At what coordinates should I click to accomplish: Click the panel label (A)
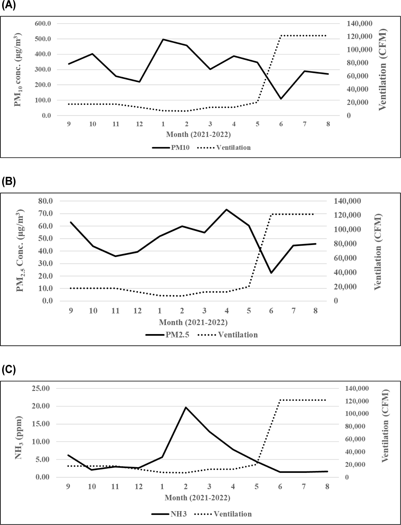(x=9, y=6)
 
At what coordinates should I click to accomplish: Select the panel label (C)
(x=9, y=370)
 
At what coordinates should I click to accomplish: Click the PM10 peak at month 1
(x=163, y=39)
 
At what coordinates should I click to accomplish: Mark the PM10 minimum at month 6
(x=281, y=99)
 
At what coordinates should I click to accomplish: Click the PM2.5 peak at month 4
(x=227, y=209)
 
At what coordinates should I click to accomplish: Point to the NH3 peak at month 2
(x=186, y=407)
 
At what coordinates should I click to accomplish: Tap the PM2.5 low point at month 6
(x=271, y=273)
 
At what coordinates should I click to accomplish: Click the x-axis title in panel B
(x=193, y=322)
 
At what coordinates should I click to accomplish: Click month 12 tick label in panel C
(x=139, y=487)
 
